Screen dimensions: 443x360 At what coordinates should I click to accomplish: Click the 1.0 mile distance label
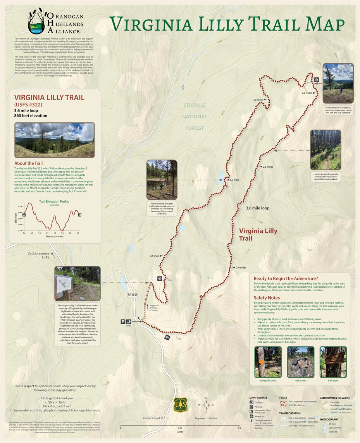tap(234, 180)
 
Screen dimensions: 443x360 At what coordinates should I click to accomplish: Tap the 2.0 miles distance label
tap(306, 93)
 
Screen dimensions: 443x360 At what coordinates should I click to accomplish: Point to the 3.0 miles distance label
tap(241, 268)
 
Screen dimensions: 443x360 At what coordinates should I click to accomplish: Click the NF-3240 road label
tap(133, 295)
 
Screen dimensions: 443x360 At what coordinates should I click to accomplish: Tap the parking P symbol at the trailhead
tap(123, 321)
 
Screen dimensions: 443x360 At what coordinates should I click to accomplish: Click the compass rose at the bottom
tap(207, 405)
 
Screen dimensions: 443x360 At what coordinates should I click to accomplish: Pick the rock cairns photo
tap(300, 362)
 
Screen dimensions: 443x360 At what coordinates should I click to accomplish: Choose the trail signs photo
tap(333, 362)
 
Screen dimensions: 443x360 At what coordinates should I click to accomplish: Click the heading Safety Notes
tap(267, 298)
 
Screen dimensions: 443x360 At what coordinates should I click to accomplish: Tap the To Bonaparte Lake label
tap(39, 256)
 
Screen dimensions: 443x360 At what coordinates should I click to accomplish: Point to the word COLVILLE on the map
tap(195, 105)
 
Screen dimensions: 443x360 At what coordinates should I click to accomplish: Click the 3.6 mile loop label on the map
tap(258, 208)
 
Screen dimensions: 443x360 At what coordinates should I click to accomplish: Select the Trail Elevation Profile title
tap(54, 201)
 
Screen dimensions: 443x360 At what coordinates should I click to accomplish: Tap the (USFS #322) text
tap(28, 105)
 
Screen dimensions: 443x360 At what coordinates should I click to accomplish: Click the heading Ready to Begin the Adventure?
tap(286, 279)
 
